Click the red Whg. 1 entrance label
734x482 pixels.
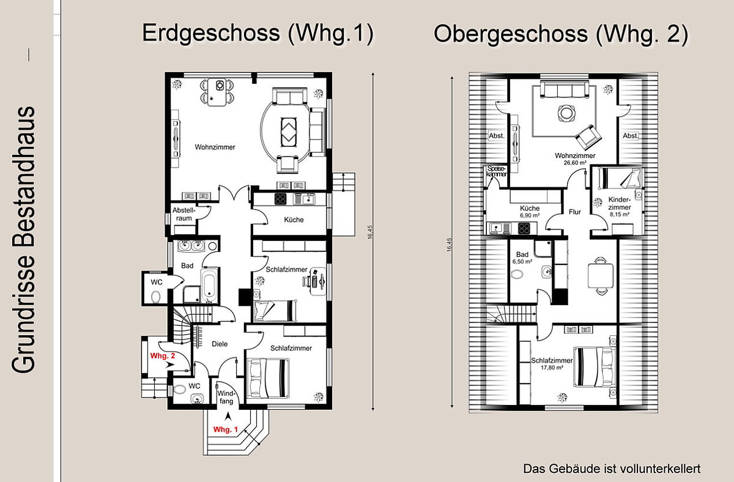coord(226,429)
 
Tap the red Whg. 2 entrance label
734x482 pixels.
coord(163,356)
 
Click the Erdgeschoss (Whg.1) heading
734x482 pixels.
coord(258,33)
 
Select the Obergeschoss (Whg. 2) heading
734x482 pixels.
coord(561,34)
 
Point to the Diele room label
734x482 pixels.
coord(220,344)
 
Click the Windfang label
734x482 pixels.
coord(226,397)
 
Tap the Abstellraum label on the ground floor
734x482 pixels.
coord(184,214)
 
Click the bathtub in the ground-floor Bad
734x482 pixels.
coord(209,285)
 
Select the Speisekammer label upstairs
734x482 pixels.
coord(497,171)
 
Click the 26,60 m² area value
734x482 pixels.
coord(575,163)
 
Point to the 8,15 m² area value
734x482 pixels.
coord(619,215)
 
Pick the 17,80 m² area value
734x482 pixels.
coord(552,368)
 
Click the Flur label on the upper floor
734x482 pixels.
coord(575,212)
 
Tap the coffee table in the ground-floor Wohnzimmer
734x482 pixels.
coord(289,132)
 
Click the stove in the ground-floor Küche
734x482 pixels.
coord(281,199)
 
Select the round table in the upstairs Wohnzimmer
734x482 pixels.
coord(566,113)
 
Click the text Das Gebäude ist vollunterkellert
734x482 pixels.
coord(612,469)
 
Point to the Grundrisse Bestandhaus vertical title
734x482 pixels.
coord(23,240)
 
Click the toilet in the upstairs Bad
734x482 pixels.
coord(517,274)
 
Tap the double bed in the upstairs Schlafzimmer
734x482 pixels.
coord(595,367)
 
